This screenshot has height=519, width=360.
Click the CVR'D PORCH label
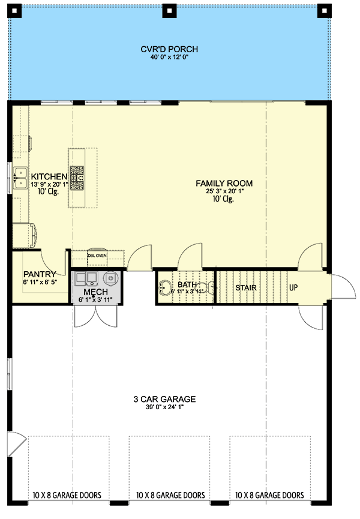[x=170, y=49]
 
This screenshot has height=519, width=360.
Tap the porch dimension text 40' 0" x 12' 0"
[x=170, y=58]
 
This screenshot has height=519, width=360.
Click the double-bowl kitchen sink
[x=20, y=176]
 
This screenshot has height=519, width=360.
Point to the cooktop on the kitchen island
[x=78, y=178]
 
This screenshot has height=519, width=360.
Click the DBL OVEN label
[x=97, y=255]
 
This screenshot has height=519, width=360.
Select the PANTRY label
[x=40, y=274]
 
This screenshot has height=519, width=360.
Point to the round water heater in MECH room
[x=111, y=278]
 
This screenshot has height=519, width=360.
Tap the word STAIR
[x=246, y=287]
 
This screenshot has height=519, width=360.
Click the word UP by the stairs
[x=293, y=287]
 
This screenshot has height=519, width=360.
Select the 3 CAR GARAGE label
[x=164, y=398]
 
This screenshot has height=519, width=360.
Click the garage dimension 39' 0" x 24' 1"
[x=164, y=407]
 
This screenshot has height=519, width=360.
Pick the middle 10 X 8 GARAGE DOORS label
[x=170, y=496]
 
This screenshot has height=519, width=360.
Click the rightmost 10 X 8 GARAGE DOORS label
[x=269, y=496]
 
